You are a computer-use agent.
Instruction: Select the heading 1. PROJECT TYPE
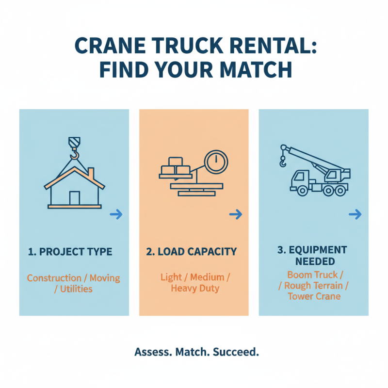(x=70, y=252)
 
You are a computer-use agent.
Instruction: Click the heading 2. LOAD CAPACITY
(x=192, y=252)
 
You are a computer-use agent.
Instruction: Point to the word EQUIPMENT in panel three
(x=318, y=250)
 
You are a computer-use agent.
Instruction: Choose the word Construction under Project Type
(x=54, y=278)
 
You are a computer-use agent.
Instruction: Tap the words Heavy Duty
(x=195, y=289)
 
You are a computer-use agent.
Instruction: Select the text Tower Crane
(x=314, y=296)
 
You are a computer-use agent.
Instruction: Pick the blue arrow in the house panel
(x=116, y=214)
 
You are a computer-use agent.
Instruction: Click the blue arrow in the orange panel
(x=236, y=214)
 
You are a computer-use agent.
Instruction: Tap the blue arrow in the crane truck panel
(x=356, y=214)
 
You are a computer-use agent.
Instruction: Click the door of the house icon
(x=74, y=198)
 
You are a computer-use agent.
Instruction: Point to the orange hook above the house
(x=74, y=154)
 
